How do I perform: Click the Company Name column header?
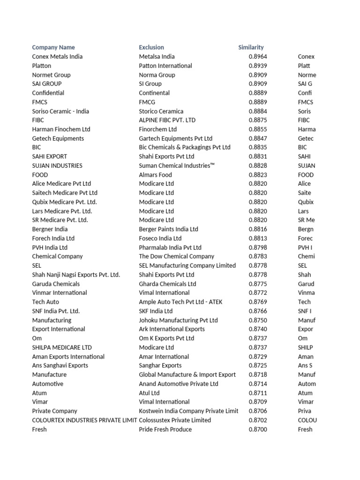(x=53, y=47)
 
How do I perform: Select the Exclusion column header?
(x=151, y=47)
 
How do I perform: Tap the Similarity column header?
(x=251, y=47)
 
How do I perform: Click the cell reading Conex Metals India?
(x=57, y=56)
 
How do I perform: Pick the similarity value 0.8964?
(x=258, y=56)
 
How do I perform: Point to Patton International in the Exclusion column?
(x=165, y=66)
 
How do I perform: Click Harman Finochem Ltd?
(x=61, y=129)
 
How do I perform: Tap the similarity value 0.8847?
(x=258, y=138)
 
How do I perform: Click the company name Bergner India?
(x=50, y=229)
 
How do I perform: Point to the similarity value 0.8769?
(x=258, y=302)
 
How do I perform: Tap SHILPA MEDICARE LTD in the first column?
(x=62, y=347)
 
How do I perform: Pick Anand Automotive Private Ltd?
(x=179, y=384)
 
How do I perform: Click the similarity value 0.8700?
(x=258, y=429)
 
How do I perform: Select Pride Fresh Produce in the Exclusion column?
(x=165, y=429)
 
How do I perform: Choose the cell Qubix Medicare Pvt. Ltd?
(x=65, y=202)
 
